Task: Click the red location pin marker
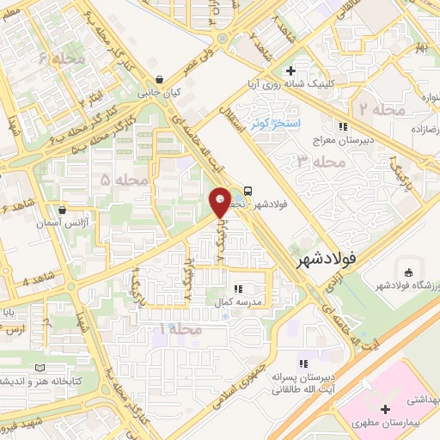tap(220, 202)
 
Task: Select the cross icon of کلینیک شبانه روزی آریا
tap(291, 70)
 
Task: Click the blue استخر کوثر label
tap(273, 124)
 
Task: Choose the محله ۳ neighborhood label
tap(314, 161)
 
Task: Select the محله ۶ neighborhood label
tap(56, 59)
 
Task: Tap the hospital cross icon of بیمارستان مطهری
tap(385, 408)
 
